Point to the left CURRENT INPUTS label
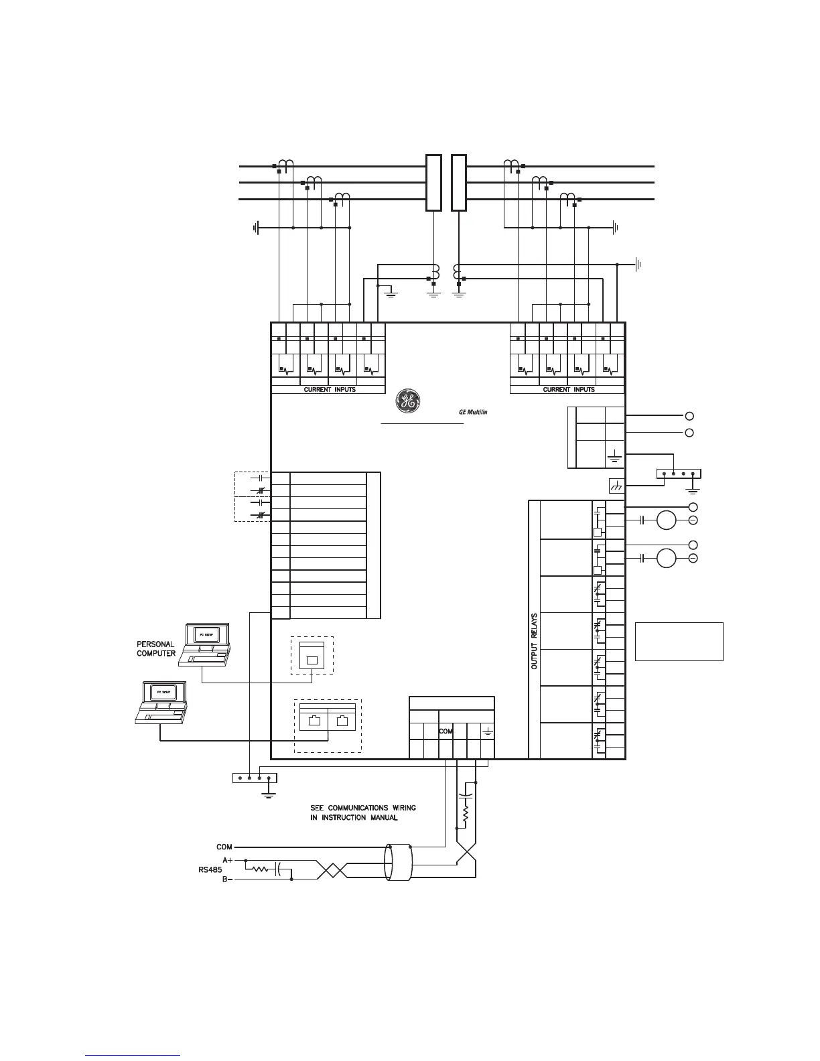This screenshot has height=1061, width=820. pos(329,389)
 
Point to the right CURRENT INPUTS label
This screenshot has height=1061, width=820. pos(568,389)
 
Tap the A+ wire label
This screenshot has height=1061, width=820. pos(228,859)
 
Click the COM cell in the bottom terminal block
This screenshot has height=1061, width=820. pos(446,732)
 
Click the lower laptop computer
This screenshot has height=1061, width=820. pos(161,703)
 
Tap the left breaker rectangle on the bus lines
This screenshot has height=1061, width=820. pos(433,182)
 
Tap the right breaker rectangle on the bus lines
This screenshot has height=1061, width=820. pos(458,182)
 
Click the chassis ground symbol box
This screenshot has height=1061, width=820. pos(616,486)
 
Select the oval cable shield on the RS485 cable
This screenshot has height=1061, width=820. pos(399,865)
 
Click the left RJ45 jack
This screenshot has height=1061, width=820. pos(313,722)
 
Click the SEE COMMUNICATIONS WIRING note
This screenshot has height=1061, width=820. pos(363,812)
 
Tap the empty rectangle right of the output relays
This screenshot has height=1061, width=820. pos(679,641)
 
